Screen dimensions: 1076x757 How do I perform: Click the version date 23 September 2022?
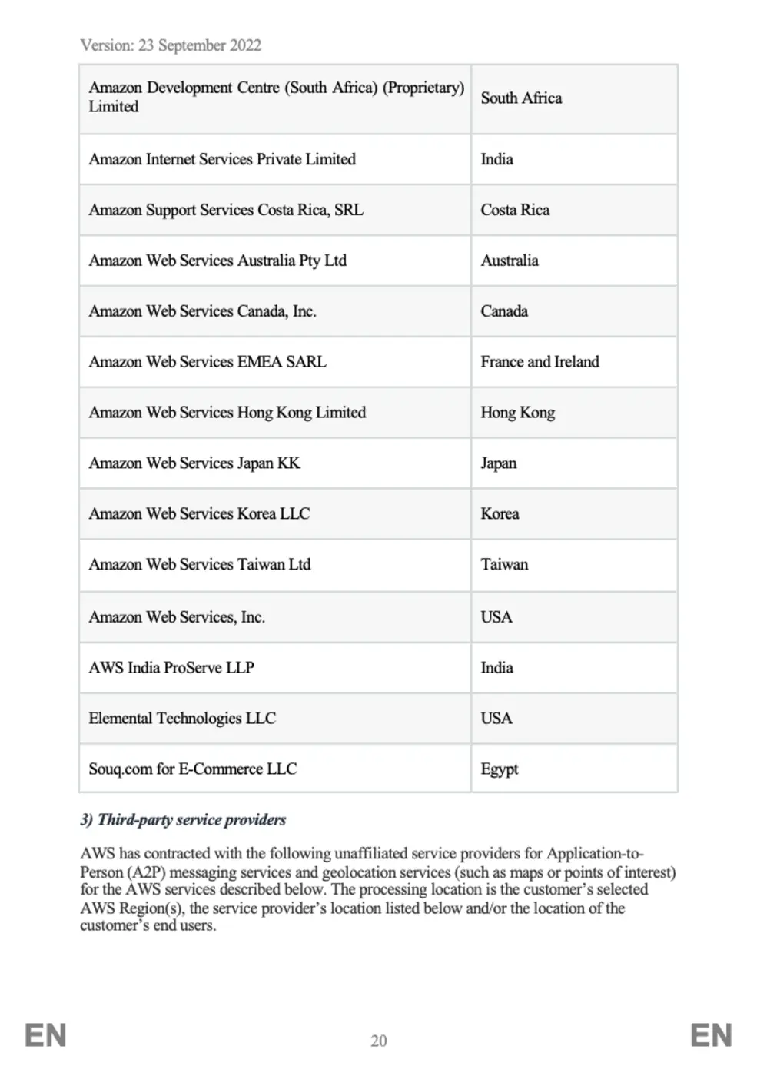point(200,45)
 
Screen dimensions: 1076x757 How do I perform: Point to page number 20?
point(379,1041)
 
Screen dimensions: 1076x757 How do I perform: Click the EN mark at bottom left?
point(45,1035)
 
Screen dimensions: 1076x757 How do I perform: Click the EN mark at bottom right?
point(711,1035)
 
